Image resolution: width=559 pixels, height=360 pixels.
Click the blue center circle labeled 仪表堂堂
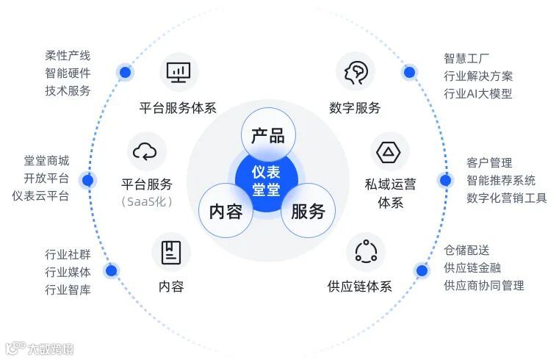[x=267, y=180]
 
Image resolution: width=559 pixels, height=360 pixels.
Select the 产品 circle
[x=267, y=135]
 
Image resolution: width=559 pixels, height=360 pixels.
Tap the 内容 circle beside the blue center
[x=226, y=211]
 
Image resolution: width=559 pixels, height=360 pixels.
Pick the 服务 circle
[x=308, y=211]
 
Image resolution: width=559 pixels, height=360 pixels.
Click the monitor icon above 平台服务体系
[x=178, y=72]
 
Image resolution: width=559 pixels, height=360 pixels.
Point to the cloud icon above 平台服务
[x=145, y=151]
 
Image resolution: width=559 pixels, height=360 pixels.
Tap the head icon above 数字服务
[x=356, y=72]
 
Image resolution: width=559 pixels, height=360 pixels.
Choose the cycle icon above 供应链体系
[x=365, y=252]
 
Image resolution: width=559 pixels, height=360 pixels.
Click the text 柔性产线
[x=68, y=56]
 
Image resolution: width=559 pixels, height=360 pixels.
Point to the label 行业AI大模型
[x=477, y=93]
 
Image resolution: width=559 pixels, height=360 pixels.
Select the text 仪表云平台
[x=40, y=195]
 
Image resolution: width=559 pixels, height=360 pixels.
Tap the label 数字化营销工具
[x=506, y=198]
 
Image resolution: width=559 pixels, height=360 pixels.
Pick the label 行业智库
[x=68, y=289]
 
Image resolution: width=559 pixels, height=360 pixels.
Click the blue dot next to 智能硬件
[x=125, y=73]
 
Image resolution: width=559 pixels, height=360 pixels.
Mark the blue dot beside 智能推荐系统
[x=445, y=180]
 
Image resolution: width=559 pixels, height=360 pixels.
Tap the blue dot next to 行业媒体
[x=111, y=271]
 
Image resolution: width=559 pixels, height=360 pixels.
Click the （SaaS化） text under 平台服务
[x=146, y=201]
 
